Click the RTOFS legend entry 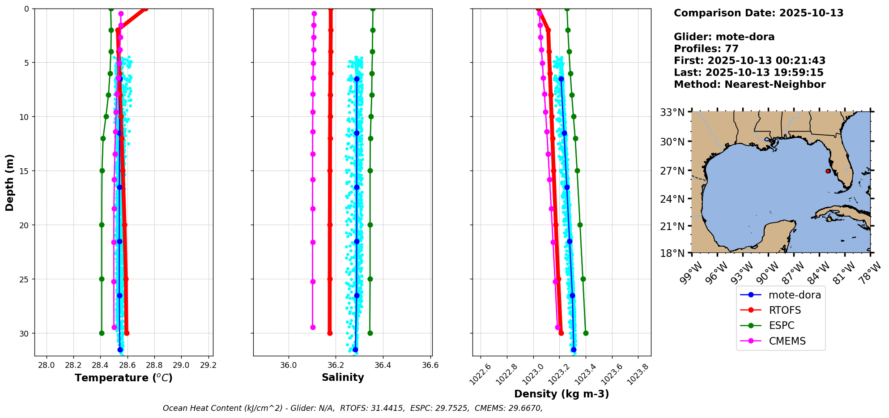click(784, 310)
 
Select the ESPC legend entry click(781, 325)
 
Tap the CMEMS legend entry click(787, 341)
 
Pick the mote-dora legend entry click(794, 295)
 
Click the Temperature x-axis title click(123, 378)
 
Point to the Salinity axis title click(343, 377)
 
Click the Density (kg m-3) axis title click(561, 394)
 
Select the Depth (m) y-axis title click(9, 183)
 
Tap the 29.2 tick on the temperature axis click(208, 365)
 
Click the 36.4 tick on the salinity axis click(383, 365)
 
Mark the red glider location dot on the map click(828, 171)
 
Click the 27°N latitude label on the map click(672, 171)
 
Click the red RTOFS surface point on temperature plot click(145, 9)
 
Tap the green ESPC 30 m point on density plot click(586, 333)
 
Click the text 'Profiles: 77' click(706, 49)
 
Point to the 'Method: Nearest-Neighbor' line click(749, 85)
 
